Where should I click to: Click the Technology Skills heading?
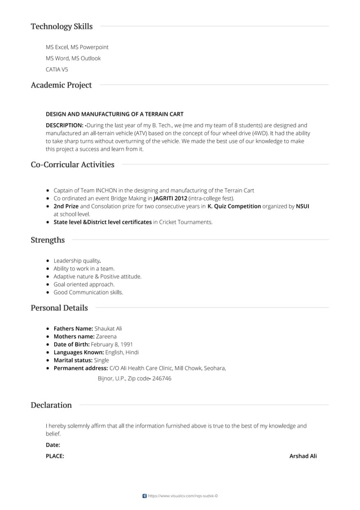62,27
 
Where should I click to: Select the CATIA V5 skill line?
57,69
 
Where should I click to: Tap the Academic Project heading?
61,85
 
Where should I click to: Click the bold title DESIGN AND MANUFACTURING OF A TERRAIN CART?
115,114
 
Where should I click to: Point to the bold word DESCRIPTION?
64,125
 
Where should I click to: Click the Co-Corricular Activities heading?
72,165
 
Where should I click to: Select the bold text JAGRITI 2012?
170,198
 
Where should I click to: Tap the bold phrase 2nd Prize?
66,206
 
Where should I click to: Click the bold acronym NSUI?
302,206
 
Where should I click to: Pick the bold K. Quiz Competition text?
234,206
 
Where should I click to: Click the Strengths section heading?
47,240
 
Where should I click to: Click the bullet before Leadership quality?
49,261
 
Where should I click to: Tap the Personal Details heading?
59,308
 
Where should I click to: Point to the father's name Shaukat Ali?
108,328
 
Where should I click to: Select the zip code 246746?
162,378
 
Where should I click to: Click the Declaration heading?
51,405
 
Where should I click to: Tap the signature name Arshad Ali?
303,456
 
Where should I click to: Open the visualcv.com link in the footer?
182,496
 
